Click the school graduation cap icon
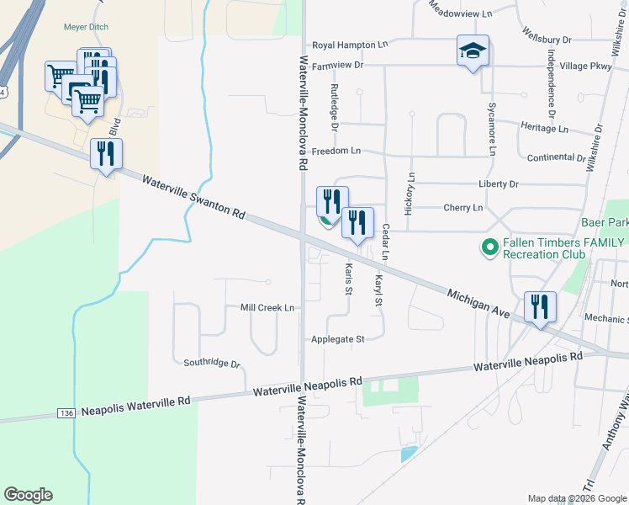coord(473,50)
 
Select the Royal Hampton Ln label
coord(350,45)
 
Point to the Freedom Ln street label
coord(336,151)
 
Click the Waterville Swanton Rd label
coord(193,198)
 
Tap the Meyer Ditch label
coord(87,27)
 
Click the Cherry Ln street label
coord(462,207)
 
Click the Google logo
coord(28,495)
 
